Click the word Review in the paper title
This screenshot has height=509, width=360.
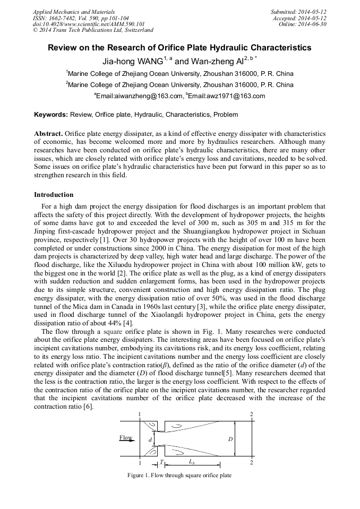(63, 48)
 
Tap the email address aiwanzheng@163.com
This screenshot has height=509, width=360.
(140, 96)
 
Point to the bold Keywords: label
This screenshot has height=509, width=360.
(50, 114)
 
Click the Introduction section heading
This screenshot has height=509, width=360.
(54, 195)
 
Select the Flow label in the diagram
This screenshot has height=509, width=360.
(126, 438)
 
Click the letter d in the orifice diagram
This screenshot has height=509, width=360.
(150, 439)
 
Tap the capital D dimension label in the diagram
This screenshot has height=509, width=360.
(230, 439)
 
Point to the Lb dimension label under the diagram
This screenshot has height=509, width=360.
(192, 462)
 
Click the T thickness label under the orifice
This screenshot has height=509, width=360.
(161, 462)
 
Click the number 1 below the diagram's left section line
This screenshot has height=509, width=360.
(139, 462)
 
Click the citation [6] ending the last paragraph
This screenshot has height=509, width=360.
(88, 406)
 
